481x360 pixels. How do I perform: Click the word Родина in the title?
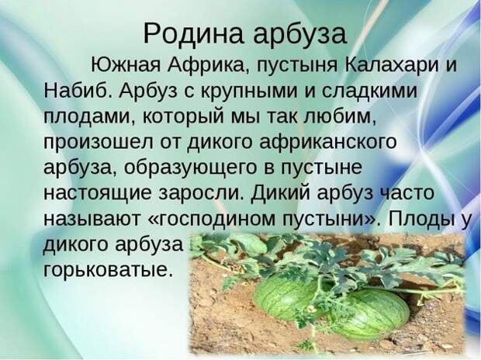point(194,33)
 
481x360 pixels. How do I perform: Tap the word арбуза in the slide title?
point(299,35)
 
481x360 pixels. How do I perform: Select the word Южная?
point(126,65)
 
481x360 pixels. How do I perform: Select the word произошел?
point(99,144)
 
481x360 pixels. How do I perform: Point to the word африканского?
point(328,142)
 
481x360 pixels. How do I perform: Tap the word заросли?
point(202,194)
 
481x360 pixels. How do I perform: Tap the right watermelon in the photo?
point(368,313)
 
